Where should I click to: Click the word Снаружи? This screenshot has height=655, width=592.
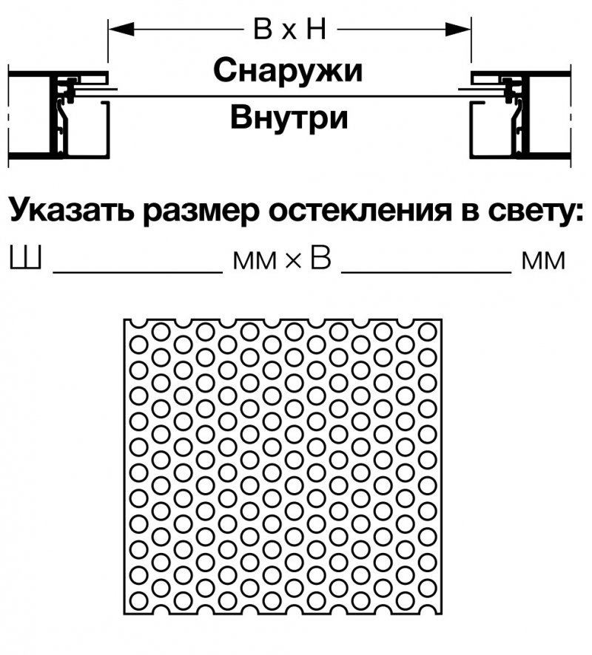(288, 71)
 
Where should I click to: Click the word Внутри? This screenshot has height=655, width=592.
(289, 118)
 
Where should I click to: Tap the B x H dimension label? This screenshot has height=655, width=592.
(290, 30)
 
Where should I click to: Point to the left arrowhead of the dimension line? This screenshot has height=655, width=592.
(121, 30)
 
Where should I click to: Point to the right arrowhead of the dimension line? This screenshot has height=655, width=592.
(458, 30)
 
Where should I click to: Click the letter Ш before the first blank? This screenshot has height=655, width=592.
(25, 257)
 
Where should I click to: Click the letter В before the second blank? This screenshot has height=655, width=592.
(320, 258)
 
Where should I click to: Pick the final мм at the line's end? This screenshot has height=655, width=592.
(543, 261)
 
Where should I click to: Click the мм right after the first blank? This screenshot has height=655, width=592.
(255, 261)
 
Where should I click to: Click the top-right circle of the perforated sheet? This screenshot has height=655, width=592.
(427, 332)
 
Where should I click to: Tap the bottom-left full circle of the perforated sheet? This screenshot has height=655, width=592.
(139, 602)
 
